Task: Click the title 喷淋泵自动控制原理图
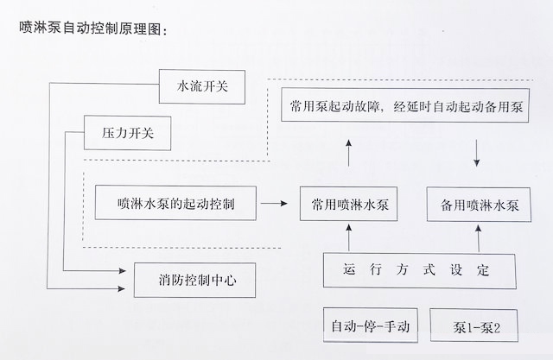(x=91, y=28)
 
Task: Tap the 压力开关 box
(x=127, y=134)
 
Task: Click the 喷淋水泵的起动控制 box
(x=175, y=204)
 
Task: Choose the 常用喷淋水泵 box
(x=349, y=205)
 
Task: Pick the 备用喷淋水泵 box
(x=480, y=205)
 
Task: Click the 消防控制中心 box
(x=194, y=280)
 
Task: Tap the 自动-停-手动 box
(x=370, y=326)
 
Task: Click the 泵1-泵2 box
(x=473, y=326)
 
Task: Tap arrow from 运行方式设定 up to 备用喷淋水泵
(x=479, y=237)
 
